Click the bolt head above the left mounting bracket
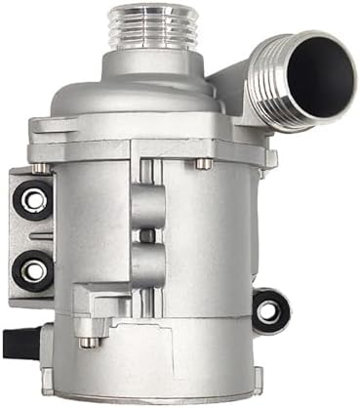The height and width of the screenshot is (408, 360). pyautogui.click(x=42, y=167)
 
